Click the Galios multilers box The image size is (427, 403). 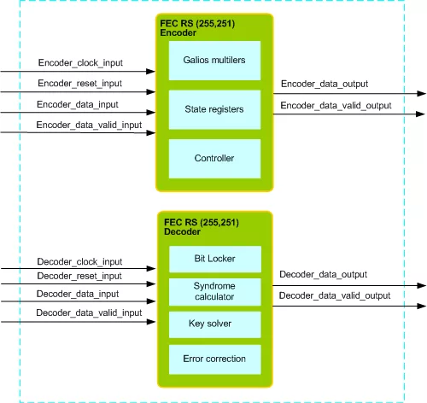tap(214, 61)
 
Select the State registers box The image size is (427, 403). tap(214, 110)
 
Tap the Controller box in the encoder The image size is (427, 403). tap(214, 159)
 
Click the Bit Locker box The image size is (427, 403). tap(215, 259)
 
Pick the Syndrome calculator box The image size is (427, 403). tap(215, 292)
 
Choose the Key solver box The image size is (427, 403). tap(215, 324)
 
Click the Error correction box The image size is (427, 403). tap(215, 359)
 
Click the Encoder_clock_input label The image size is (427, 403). tap(80, 62)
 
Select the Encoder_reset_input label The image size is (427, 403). tap(80, 84)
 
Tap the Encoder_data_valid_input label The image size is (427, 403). tap(89, 125)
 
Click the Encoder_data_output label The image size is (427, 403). tap(325, 84)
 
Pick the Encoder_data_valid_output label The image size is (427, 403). tap(336, 106)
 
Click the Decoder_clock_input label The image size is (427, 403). tap(79, 261)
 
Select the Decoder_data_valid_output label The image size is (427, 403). tap(335, 295)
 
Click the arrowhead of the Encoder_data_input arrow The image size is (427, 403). tap(151, 113)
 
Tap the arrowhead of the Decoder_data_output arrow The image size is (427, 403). tap(422, 285)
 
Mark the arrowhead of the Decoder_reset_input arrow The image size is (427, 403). tap(151, 283)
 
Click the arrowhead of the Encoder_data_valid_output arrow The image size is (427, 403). tap(420, 114)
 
